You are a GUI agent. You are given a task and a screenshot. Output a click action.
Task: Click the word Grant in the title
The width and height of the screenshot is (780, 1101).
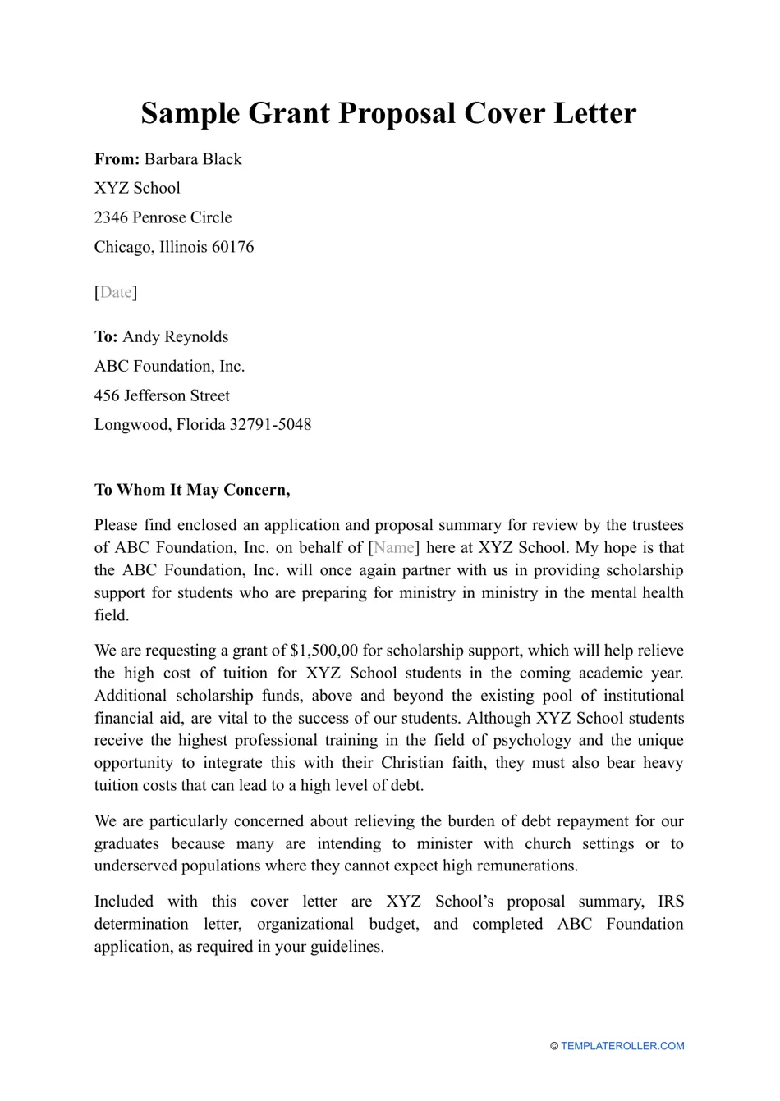(x=287, y=113)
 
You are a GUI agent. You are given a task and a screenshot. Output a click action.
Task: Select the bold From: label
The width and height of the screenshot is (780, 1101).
(x=117, y=159)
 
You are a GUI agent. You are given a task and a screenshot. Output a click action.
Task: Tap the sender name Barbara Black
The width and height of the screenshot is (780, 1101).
(x=193, y=159)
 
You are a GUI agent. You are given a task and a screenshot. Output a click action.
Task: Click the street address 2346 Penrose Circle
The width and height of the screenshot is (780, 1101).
(x=163, y=217)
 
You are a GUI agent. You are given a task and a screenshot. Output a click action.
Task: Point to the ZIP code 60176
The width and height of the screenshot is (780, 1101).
(x=232, y=247)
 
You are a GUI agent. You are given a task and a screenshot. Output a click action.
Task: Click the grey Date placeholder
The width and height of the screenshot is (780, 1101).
(x=116, y=292)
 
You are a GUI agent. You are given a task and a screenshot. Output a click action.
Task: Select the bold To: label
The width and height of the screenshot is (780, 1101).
(x=106, y=336)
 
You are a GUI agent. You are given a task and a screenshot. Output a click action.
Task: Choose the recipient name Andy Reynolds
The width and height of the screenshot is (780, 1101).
(x=176, y=336)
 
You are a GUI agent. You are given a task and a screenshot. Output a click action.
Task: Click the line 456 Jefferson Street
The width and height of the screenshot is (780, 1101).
(x=162, y=395)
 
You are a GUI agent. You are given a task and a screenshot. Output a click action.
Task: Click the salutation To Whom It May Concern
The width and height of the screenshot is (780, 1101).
(x=192, y=490)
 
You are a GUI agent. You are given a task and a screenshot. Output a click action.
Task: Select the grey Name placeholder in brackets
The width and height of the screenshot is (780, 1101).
(x=394, y=547)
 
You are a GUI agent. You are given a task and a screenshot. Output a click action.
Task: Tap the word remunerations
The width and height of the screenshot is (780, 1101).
(x=527, y=866)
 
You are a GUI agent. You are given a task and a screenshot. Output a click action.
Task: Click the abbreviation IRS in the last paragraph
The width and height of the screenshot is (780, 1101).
(x=670, y=902)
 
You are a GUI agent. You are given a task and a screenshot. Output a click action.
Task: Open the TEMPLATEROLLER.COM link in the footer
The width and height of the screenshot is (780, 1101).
(x=622, y=1046)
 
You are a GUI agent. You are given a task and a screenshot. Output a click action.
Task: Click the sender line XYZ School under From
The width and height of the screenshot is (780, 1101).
(x=137, y=188)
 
